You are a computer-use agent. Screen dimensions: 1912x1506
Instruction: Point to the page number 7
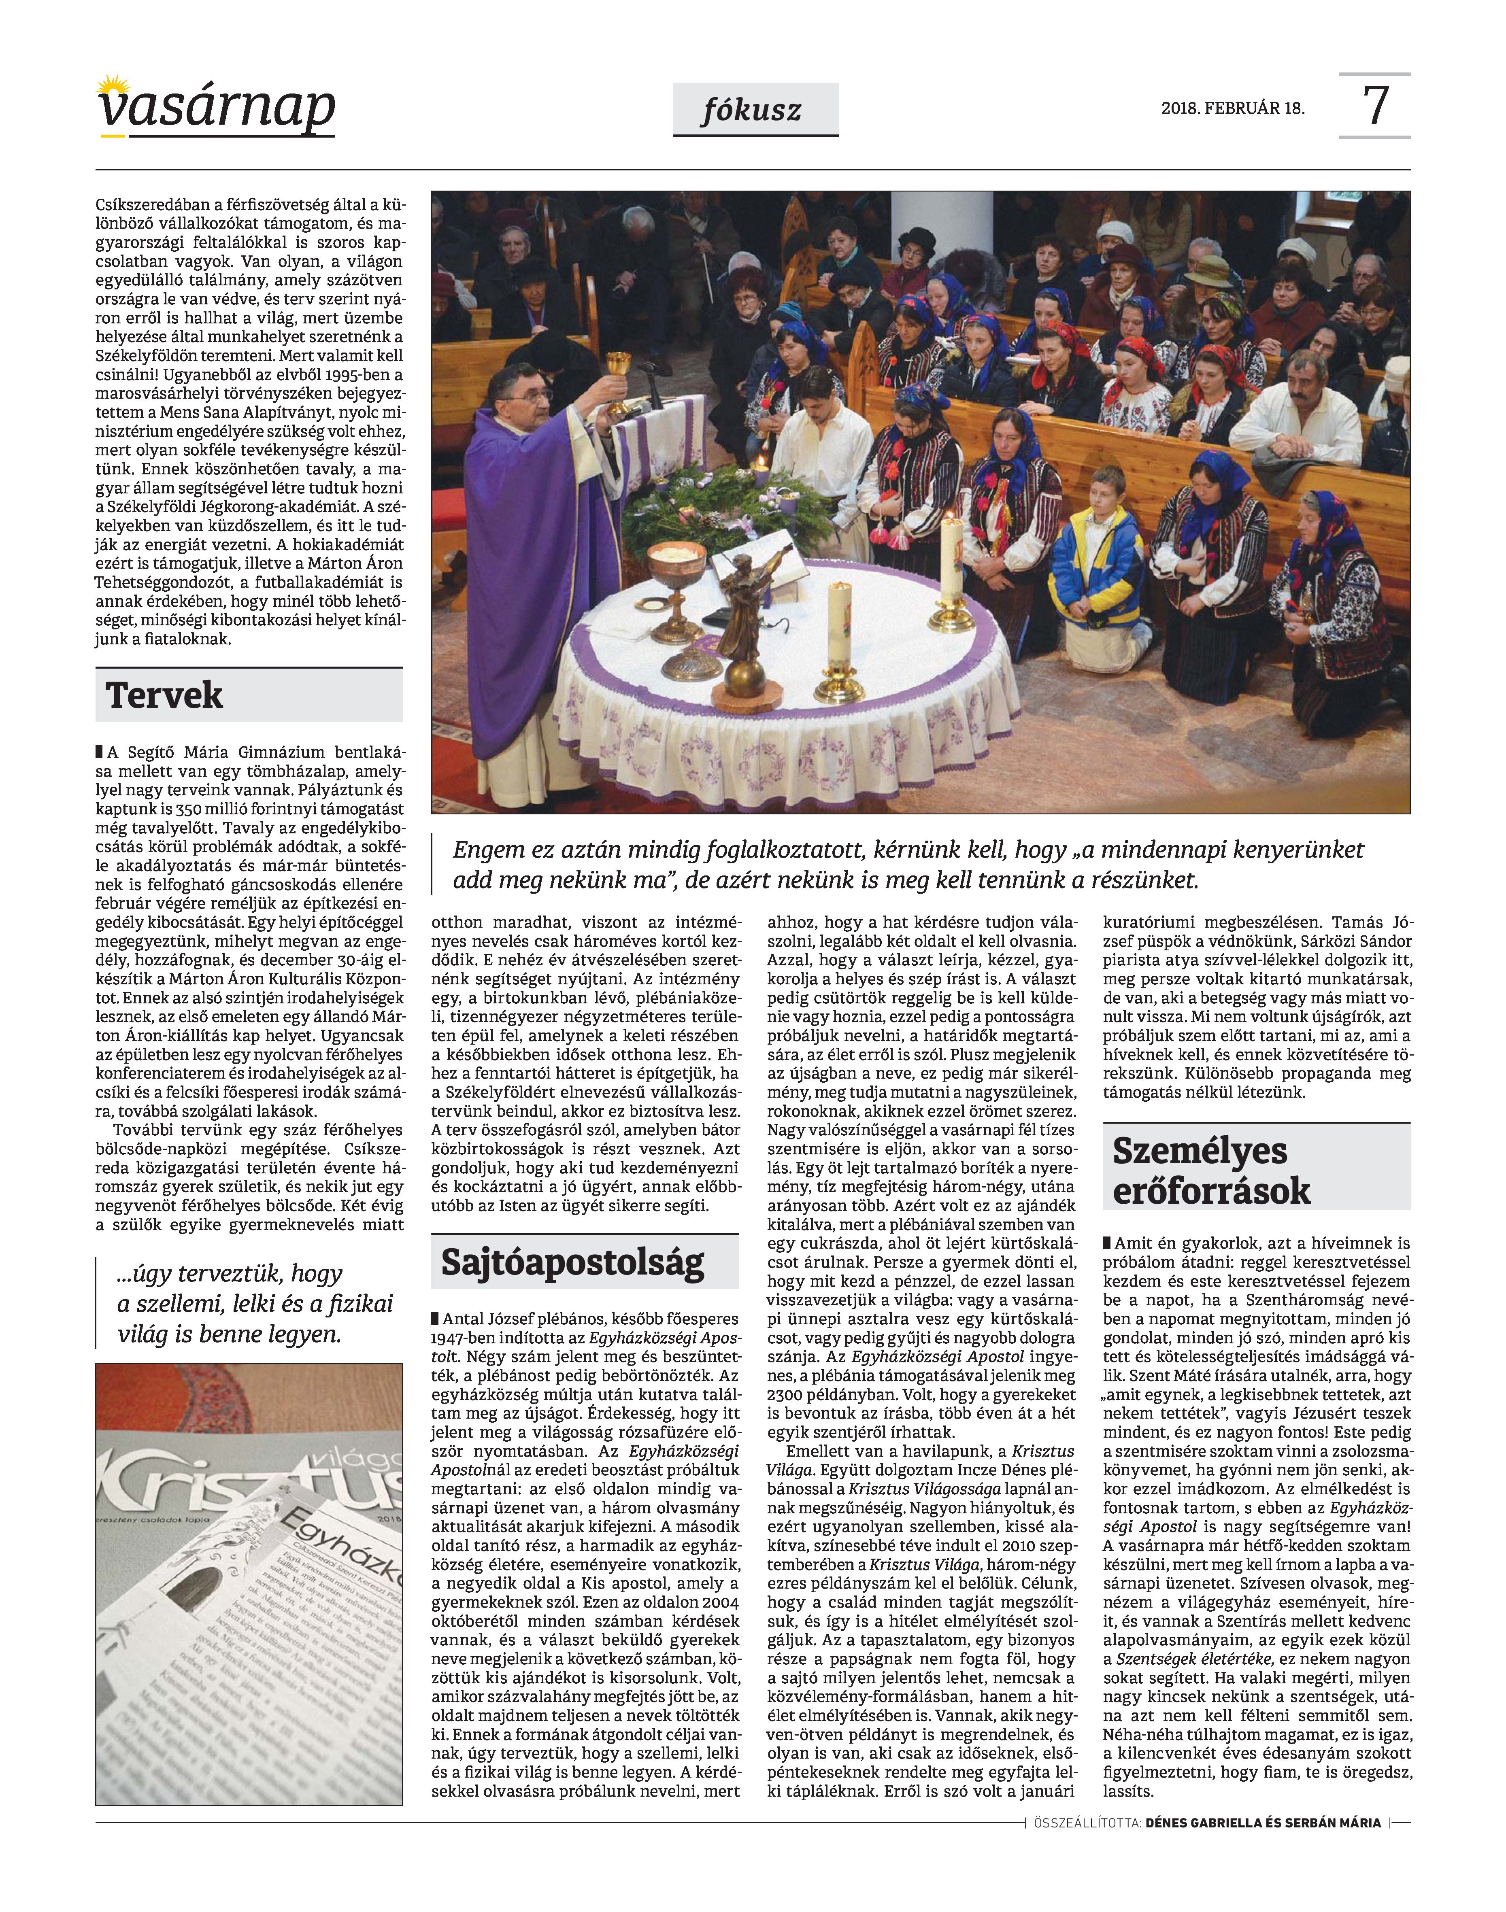(1376, 106)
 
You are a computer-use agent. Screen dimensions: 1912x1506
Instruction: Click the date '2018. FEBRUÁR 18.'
(1233, 109)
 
